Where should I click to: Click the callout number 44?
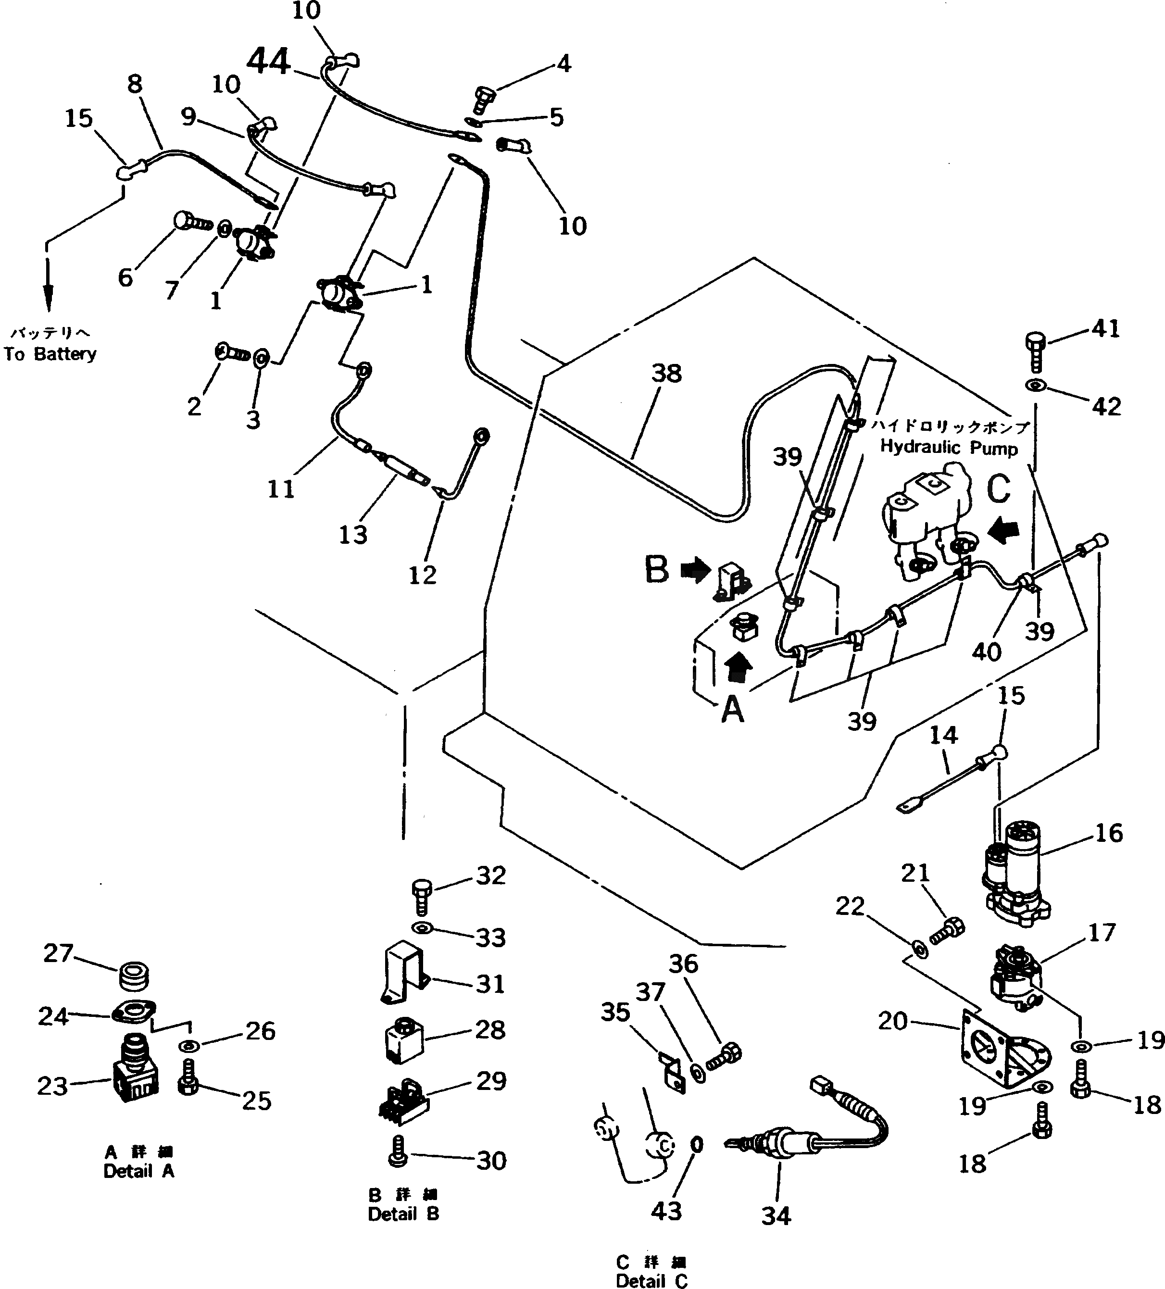[x=269, y=62]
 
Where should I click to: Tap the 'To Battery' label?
[x=50, y=353]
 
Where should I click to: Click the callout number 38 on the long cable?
[x=666, y=374]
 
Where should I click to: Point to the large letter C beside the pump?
[x=998, y=490]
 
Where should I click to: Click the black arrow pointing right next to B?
[x=694, y=570]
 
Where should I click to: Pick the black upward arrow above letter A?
[x=740, y=667]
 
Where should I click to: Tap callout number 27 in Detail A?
[x=58, y=953]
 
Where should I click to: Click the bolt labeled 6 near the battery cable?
[x=190, y=222]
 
